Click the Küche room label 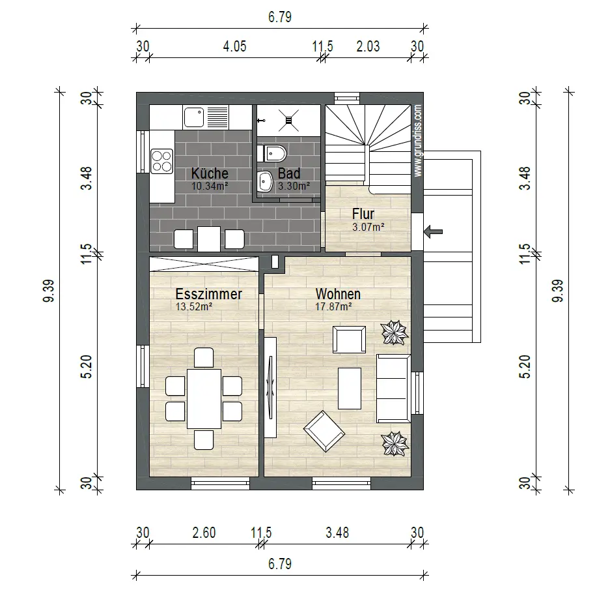click(x=209, y=173)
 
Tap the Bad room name click(x=288, y=173)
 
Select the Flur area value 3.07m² click(x=368, y=227)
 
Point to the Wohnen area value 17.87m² click(x=333, y=306)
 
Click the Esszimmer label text click(x=208, y=294)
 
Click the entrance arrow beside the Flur click(x=433, y=231)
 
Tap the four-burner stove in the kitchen click(x=161, y=161)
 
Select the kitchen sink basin click(x=194, y=117)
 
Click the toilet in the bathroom click(x=275, y=153)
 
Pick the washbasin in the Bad click(x=266, y=181)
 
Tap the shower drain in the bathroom click(x=288, y=121)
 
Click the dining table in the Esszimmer click(x=204, y=398)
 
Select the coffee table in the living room click(x=350, y=389)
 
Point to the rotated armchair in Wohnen click(x=324, y=431)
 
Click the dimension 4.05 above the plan click(x=234, y=46)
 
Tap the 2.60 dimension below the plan click(x=204, y=533)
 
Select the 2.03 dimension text click(x=368, y=46)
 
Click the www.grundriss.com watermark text click(x=418, y=141)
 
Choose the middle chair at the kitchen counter click(x=209, y=239)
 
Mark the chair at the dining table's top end click(x=204, y=358)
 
